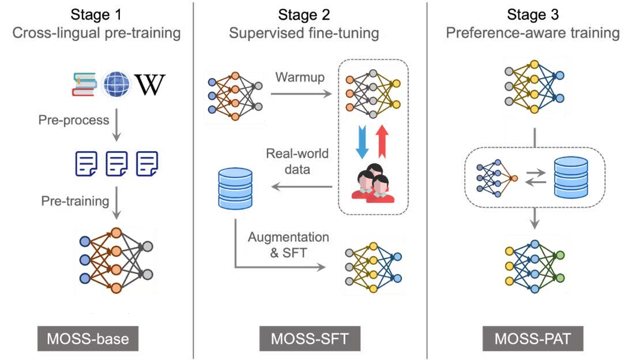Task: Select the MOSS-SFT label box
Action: click(x=310, y=339)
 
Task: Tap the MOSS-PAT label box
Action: click(x=533, y=339)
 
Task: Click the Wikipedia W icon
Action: click(x=149, y=85)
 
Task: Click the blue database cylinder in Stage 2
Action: click(x=235, y=188)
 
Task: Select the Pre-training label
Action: click(x=75, y=201)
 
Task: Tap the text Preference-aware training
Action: click(x=533, y=33)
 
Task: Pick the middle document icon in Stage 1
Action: click(x=117, y=163)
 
